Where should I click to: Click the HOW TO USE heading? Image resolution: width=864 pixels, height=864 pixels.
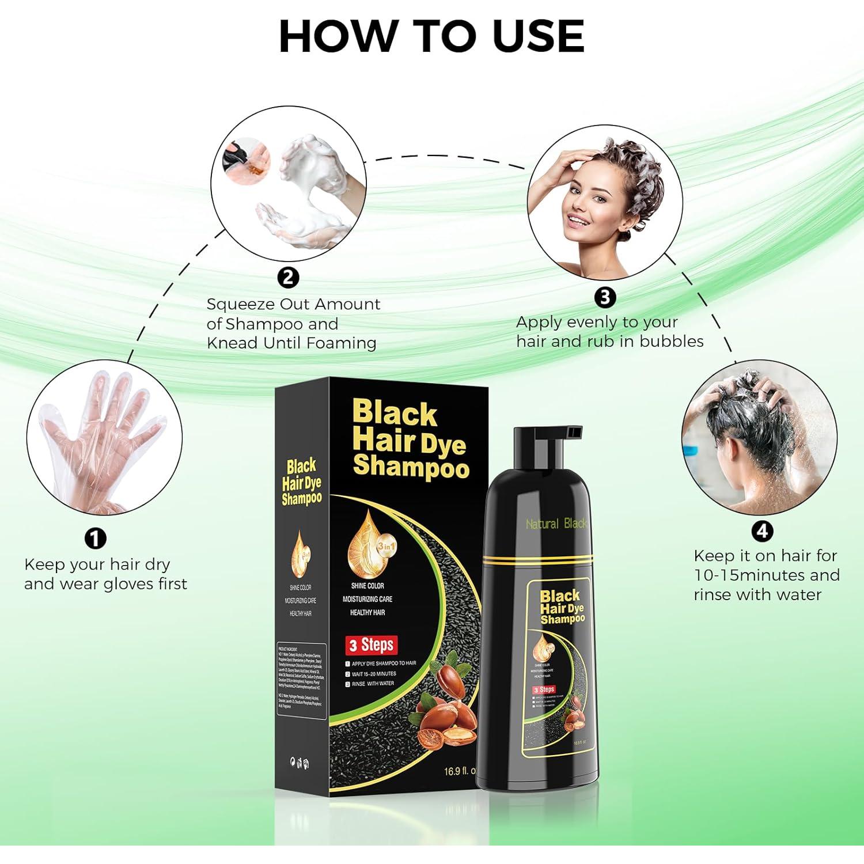[x=431, y=36]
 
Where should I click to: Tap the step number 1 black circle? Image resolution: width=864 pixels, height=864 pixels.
[x=96, y=539]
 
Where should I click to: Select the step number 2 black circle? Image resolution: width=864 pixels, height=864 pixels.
[x=288, y=278]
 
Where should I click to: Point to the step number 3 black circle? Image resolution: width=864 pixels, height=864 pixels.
[x=605, y=297]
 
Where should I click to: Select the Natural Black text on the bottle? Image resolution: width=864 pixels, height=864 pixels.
[x=556, y=524]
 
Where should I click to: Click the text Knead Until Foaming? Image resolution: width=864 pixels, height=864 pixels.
[x=291, y=343]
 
